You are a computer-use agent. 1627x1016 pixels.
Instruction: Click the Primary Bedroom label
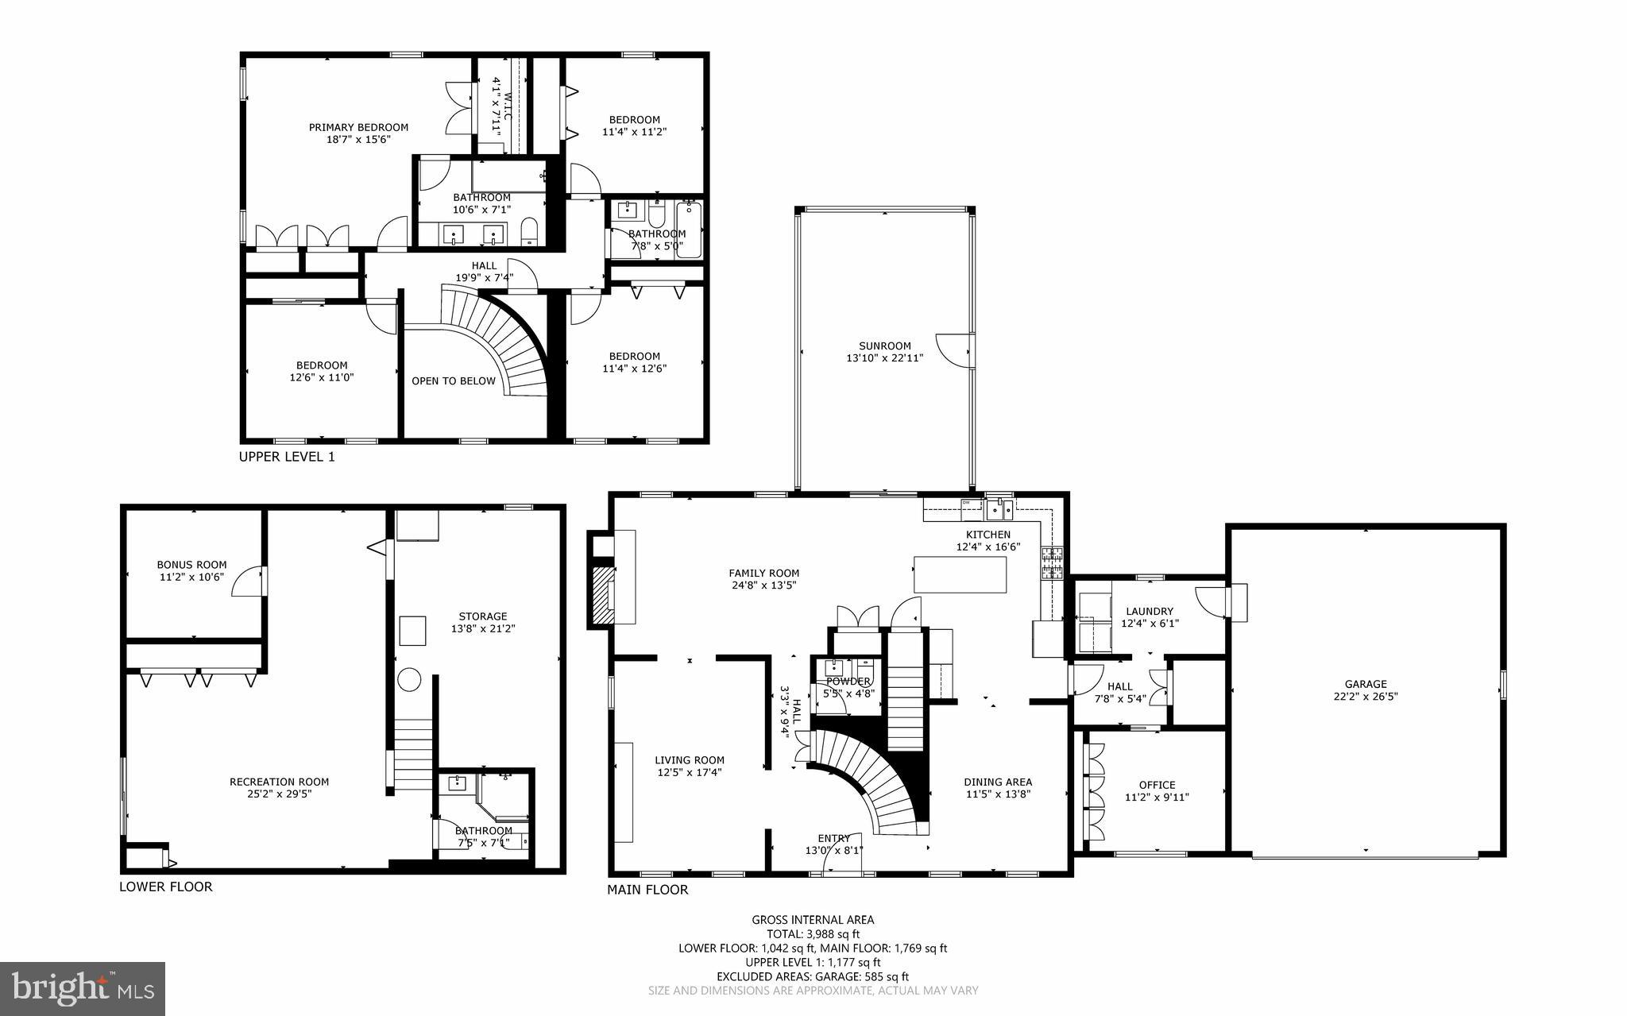358,127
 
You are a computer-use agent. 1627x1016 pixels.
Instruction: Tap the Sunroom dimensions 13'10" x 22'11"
884,358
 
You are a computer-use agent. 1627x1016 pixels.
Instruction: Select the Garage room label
1365,684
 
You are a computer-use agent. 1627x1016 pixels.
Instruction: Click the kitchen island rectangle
960,574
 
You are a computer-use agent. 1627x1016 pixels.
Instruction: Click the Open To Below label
453,381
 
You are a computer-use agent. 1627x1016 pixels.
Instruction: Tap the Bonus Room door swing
248,582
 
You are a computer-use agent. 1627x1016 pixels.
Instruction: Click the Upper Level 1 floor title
287,457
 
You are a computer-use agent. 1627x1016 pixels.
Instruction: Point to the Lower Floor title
165,887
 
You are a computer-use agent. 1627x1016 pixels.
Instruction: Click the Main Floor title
647,890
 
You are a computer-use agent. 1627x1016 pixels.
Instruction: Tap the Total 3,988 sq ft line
813,934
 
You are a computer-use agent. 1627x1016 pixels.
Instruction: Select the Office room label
1156,785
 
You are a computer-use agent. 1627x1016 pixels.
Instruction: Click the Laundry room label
1149,611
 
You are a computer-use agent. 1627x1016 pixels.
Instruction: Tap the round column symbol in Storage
409,679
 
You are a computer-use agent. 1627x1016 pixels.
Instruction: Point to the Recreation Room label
279,782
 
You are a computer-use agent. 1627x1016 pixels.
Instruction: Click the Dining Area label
998,782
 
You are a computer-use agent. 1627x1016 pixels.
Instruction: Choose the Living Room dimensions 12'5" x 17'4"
689,772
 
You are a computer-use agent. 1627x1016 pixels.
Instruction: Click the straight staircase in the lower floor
413,755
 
